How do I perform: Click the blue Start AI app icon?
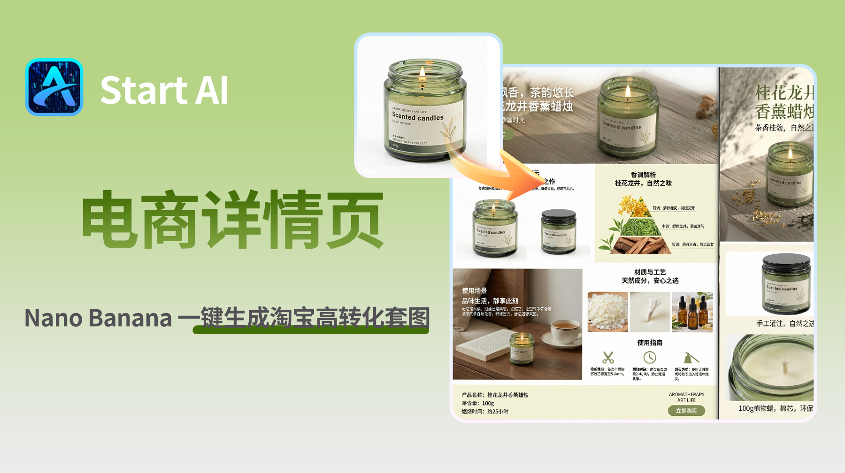pyautogui.click(x=54, y=87)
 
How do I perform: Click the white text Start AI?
pyautogui.click(x=164, y=90)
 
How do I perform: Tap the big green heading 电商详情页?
pyautogui.click(x=233, y=219)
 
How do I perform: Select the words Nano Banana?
pyautogui.click(x=98, y=318)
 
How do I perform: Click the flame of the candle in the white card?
pyautogui.click(x=422, y=72)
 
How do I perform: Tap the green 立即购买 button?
pyautogui.click(x=686, y=411)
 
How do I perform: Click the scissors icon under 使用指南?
pyautogui.click(x=608, y=358)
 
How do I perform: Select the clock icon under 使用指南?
pyautogui.click(x=649, y=358)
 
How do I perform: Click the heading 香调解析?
pyautogui.click(x=643, y=175)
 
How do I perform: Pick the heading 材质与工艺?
pyautogui.click(x=650, y=272)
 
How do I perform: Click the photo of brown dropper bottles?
pyautogui.click(x=692, y=312)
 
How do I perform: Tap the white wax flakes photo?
pyautogui.click(x=607, y=312)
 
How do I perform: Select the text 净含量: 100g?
pyautogui.click(x=477, y=403)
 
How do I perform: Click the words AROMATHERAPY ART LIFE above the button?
pyautogui.click(x=686, y=397)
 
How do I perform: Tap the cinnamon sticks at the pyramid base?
pyautogui.click(x=641, y=245)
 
